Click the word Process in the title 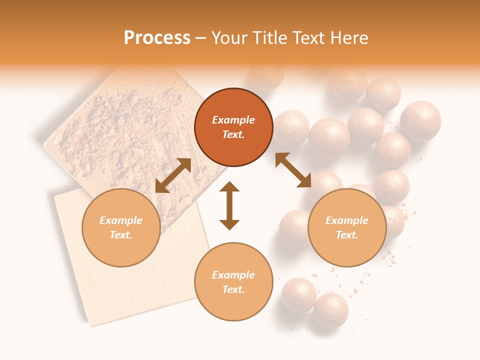coord(157,38)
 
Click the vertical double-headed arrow coord(229,205)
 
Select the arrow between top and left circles coord(173,175)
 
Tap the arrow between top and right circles coord(293,170)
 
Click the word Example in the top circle coord(233,120)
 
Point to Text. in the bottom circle coord(233,289)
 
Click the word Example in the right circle coord(347,220)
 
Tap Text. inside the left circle coord(121,235)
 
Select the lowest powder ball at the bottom coord(330,310)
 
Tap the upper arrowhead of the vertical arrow coord(229,186)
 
